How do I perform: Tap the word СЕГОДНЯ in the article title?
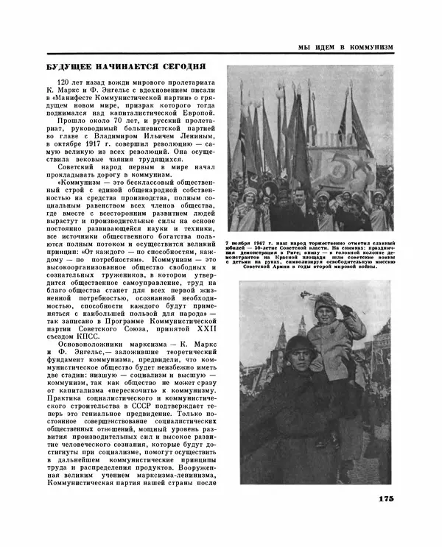pos(191,67)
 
